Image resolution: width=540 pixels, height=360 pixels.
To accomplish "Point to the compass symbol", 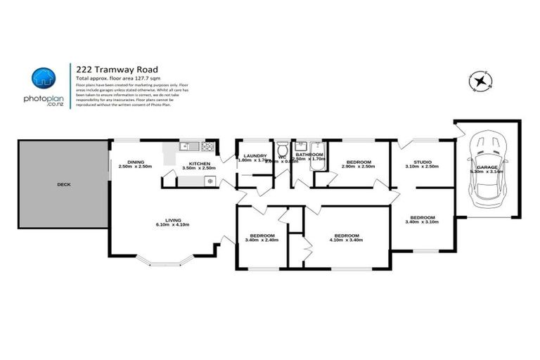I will pyautogui.click(x=481, y=82).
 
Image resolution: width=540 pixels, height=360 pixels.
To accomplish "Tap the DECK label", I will pyautogui.click(x=64, y=185).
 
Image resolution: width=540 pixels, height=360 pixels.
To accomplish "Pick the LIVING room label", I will pyautogui.click(x=172, y=219).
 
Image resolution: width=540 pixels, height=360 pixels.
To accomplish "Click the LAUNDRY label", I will pyautogui.click(x=254, y=155).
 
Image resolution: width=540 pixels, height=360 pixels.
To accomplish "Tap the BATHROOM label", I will pyautogui.click(x=309, y=155).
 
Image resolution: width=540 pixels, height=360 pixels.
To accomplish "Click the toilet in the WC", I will pyautogui.click(x=281, y=150).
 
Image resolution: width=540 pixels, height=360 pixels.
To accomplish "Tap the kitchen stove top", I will pyautogui.click(x=208, y=147).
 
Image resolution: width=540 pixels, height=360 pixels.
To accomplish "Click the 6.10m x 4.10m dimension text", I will pyautogui.click(x=172, y=224).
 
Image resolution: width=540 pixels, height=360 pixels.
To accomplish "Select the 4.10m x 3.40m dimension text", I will pyautogui.click(x=347, y=240).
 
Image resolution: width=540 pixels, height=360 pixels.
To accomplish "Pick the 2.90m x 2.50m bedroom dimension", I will pyautogui.click(x=358, y=167).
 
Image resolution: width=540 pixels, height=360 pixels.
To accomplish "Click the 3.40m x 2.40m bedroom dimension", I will pyautogui.click(x=262, y=240).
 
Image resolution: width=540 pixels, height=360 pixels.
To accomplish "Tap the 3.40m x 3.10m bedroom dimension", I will pyautogui.click(x=422, y=222).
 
